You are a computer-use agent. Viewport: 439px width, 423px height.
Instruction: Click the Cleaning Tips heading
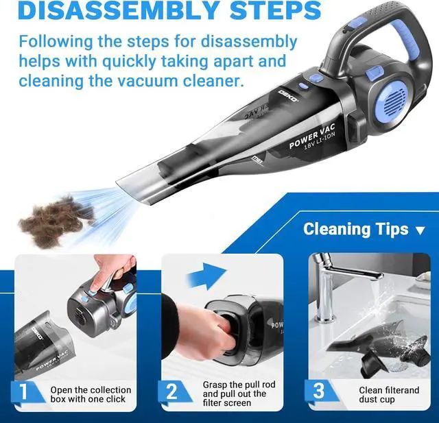click(355, 229)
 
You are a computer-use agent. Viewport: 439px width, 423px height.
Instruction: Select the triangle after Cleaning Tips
click(420, 230)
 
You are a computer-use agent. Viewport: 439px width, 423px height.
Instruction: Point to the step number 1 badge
click(25, 392)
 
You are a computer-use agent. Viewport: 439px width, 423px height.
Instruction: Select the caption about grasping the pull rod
click(239, 394)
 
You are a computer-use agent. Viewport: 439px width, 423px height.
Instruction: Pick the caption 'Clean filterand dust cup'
click(379, 394)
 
